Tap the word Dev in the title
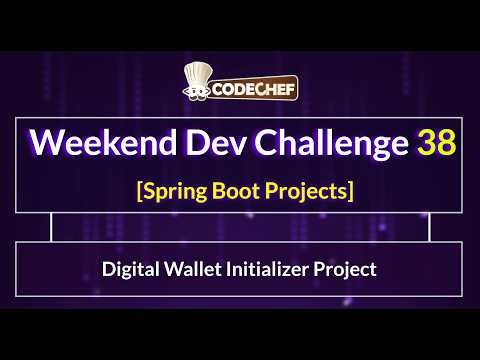201,144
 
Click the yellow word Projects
306,190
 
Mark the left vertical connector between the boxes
50,228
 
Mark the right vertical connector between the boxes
430,228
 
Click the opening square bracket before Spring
139,190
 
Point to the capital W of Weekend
47,144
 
